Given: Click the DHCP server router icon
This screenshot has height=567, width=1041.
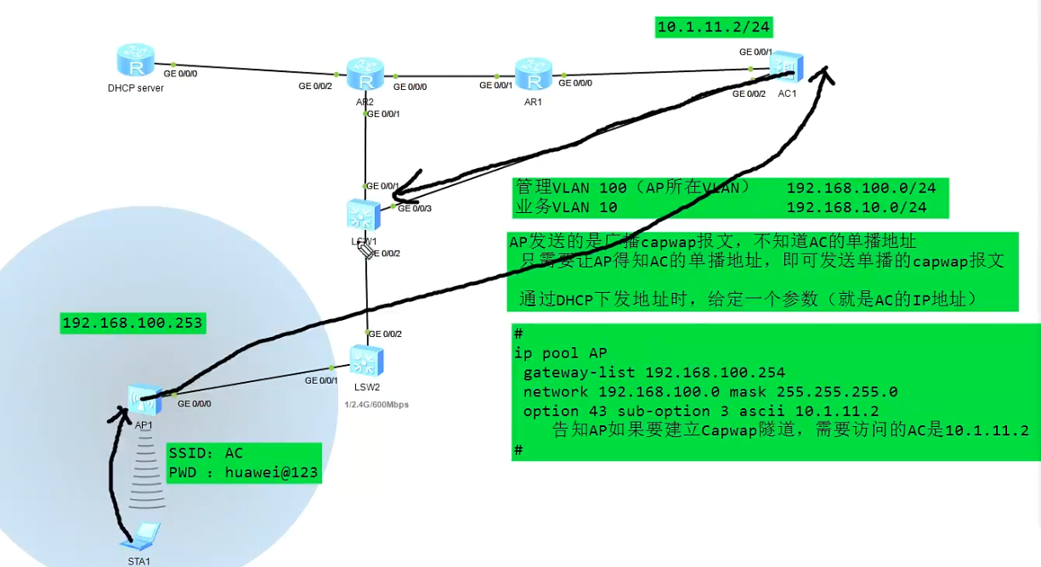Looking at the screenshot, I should click(x=135, y=61).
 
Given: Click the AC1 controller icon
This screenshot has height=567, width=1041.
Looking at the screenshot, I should click(x=786, y=65).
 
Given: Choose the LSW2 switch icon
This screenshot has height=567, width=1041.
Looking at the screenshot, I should click(x=366, y=362).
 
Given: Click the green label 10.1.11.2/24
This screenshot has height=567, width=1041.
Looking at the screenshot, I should click(x=714, y=27).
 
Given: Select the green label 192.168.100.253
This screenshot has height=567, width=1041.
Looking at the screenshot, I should click(x=132, y=323).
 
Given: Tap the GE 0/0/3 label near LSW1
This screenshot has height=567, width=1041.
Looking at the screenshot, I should click(x=416, y=208).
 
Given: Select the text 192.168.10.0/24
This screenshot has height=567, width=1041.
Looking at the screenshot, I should click(x=856, y=207).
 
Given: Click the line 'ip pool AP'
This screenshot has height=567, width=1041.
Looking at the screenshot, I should click(x=561, y=353).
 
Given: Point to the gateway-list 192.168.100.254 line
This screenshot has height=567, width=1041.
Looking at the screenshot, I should click(x=654, y=372).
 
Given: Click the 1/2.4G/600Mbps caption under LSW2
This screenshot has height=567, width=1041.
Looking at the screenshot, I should click(x=376, y=405).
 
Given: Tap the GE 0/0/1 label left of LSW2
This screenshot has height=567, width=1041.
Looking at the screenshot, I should click(x=321, y=380).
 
